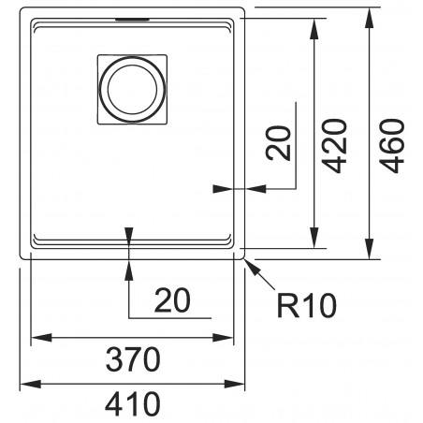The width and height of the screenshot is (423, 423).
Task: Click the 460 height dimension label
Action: tap(392, 146)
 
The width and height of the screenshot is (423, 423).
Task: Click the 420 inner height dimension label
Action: tap(335, 146)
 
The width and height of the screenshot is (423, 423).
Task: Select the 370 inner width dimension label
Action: tap(133, 359)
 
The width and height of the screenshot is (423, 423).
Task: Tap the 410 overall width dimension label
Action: tap(133, 404)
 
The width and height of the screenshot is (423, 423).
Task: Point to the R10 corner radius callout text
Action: tap(307, 306)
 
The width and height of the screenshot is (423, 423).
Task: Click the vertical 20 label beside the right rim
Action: tap(278, 143)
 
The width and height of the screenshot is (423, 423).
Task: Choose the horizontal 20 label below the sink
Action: tap(172, 300)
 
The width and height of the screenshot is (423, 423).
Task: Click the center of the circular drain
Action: tap(132, 90)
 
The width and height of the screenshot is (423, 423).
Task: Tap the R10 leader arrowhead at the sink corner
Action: tap(252, 266)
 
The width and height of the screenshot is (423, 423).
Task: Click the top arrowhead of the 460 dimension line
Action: tap(369, 19)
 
